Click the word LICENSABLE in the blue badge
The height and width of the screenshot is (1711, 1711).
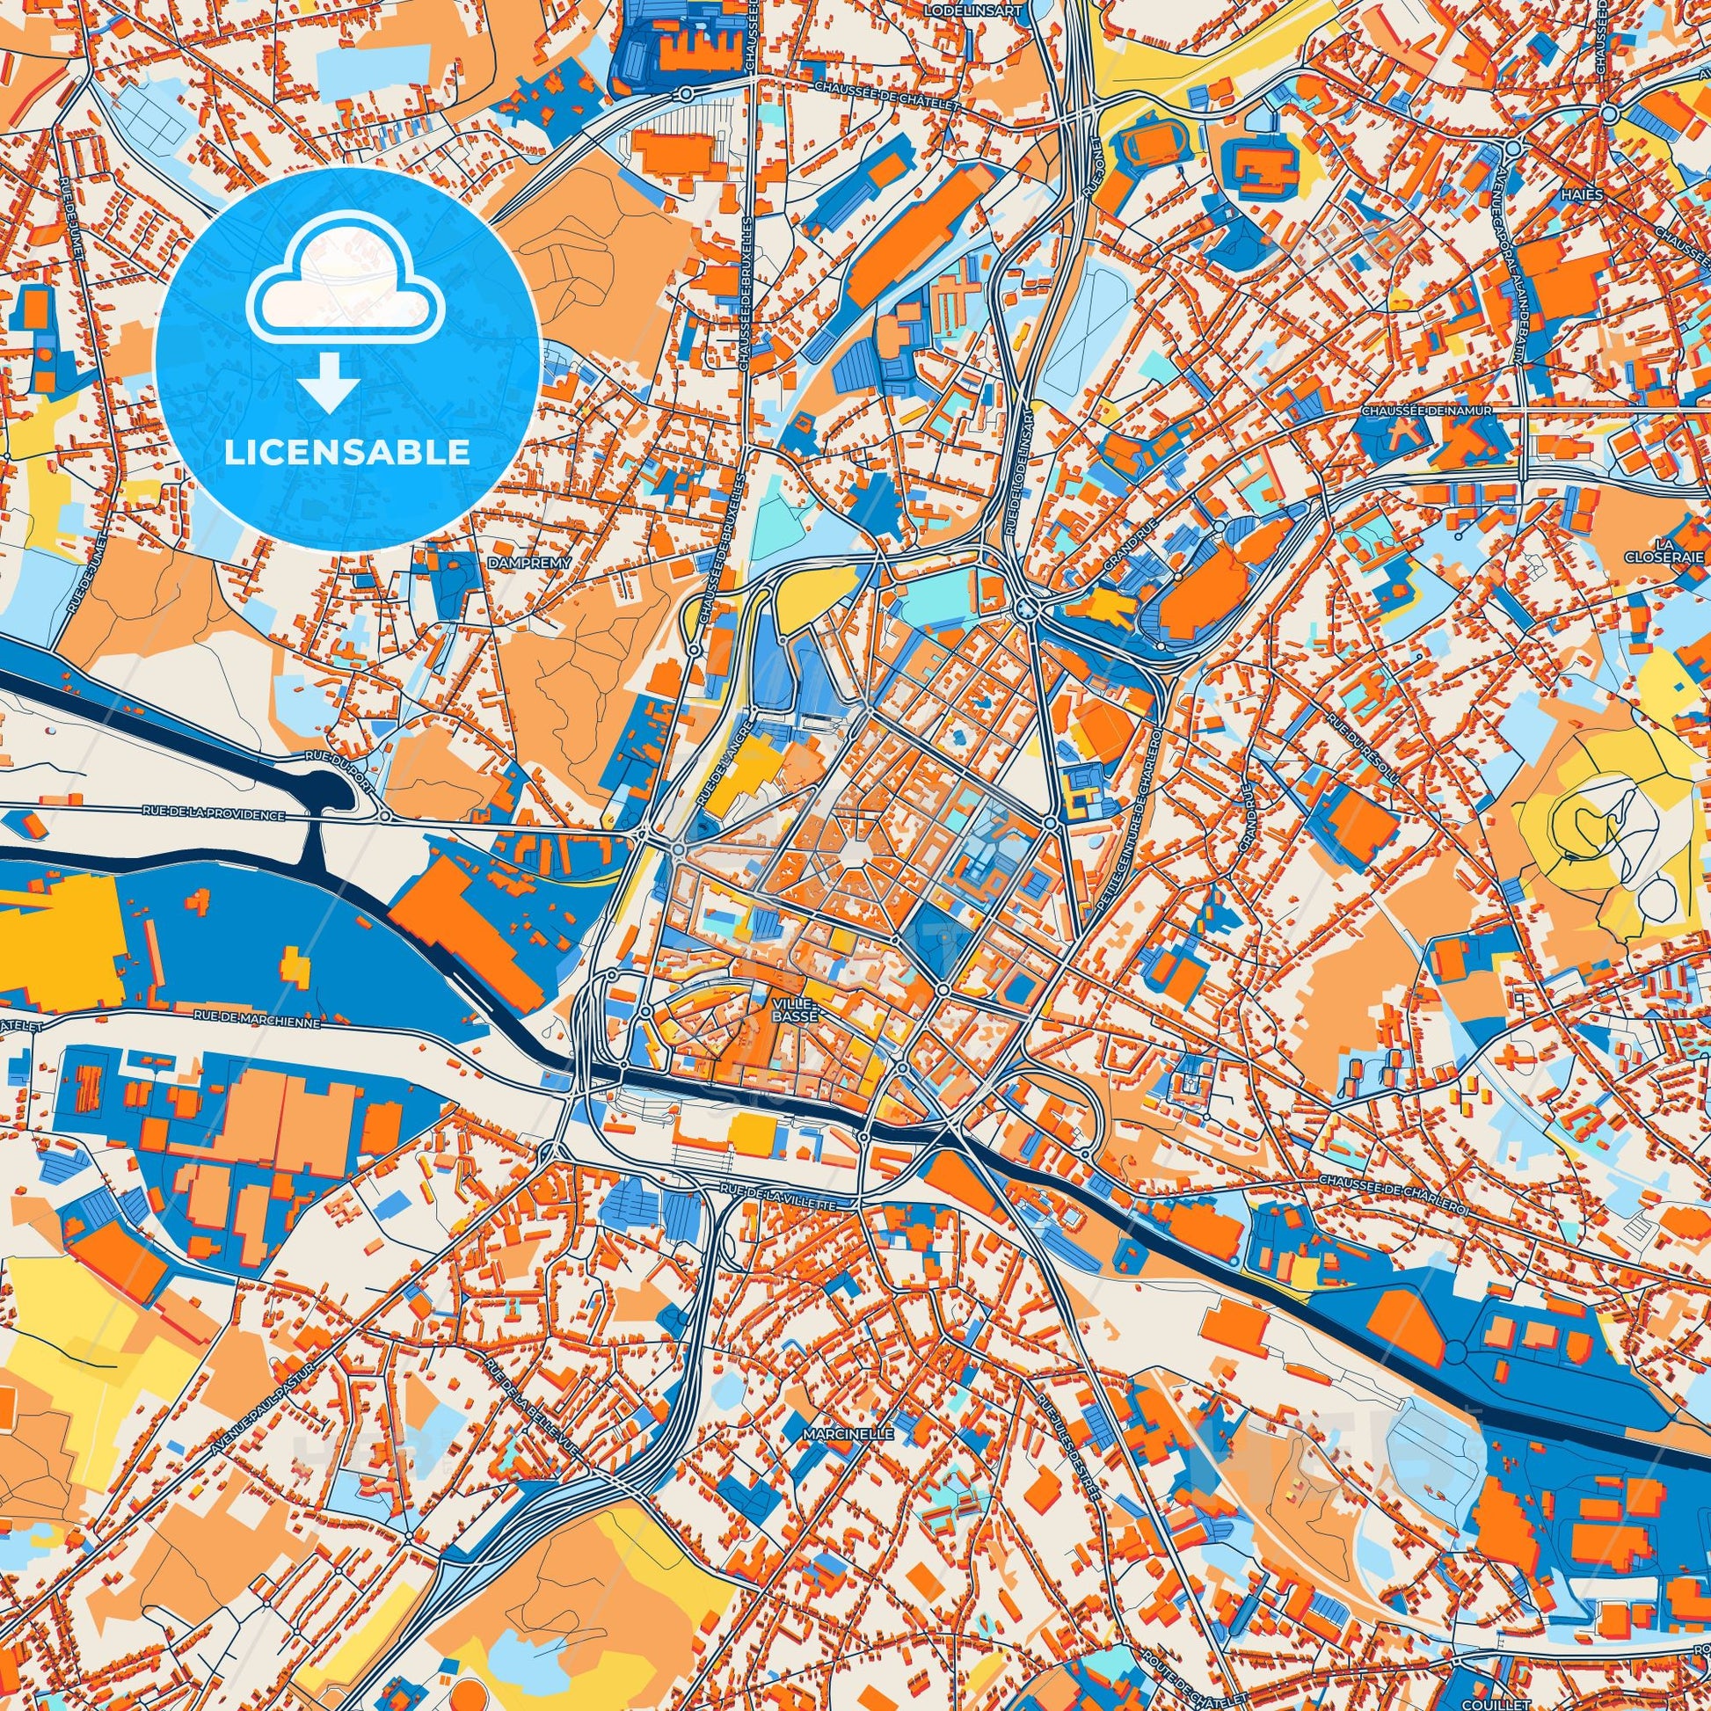tap(347, 453)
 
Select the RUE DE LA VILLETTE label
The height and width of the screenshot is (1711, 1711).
tap(778, 1196)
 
